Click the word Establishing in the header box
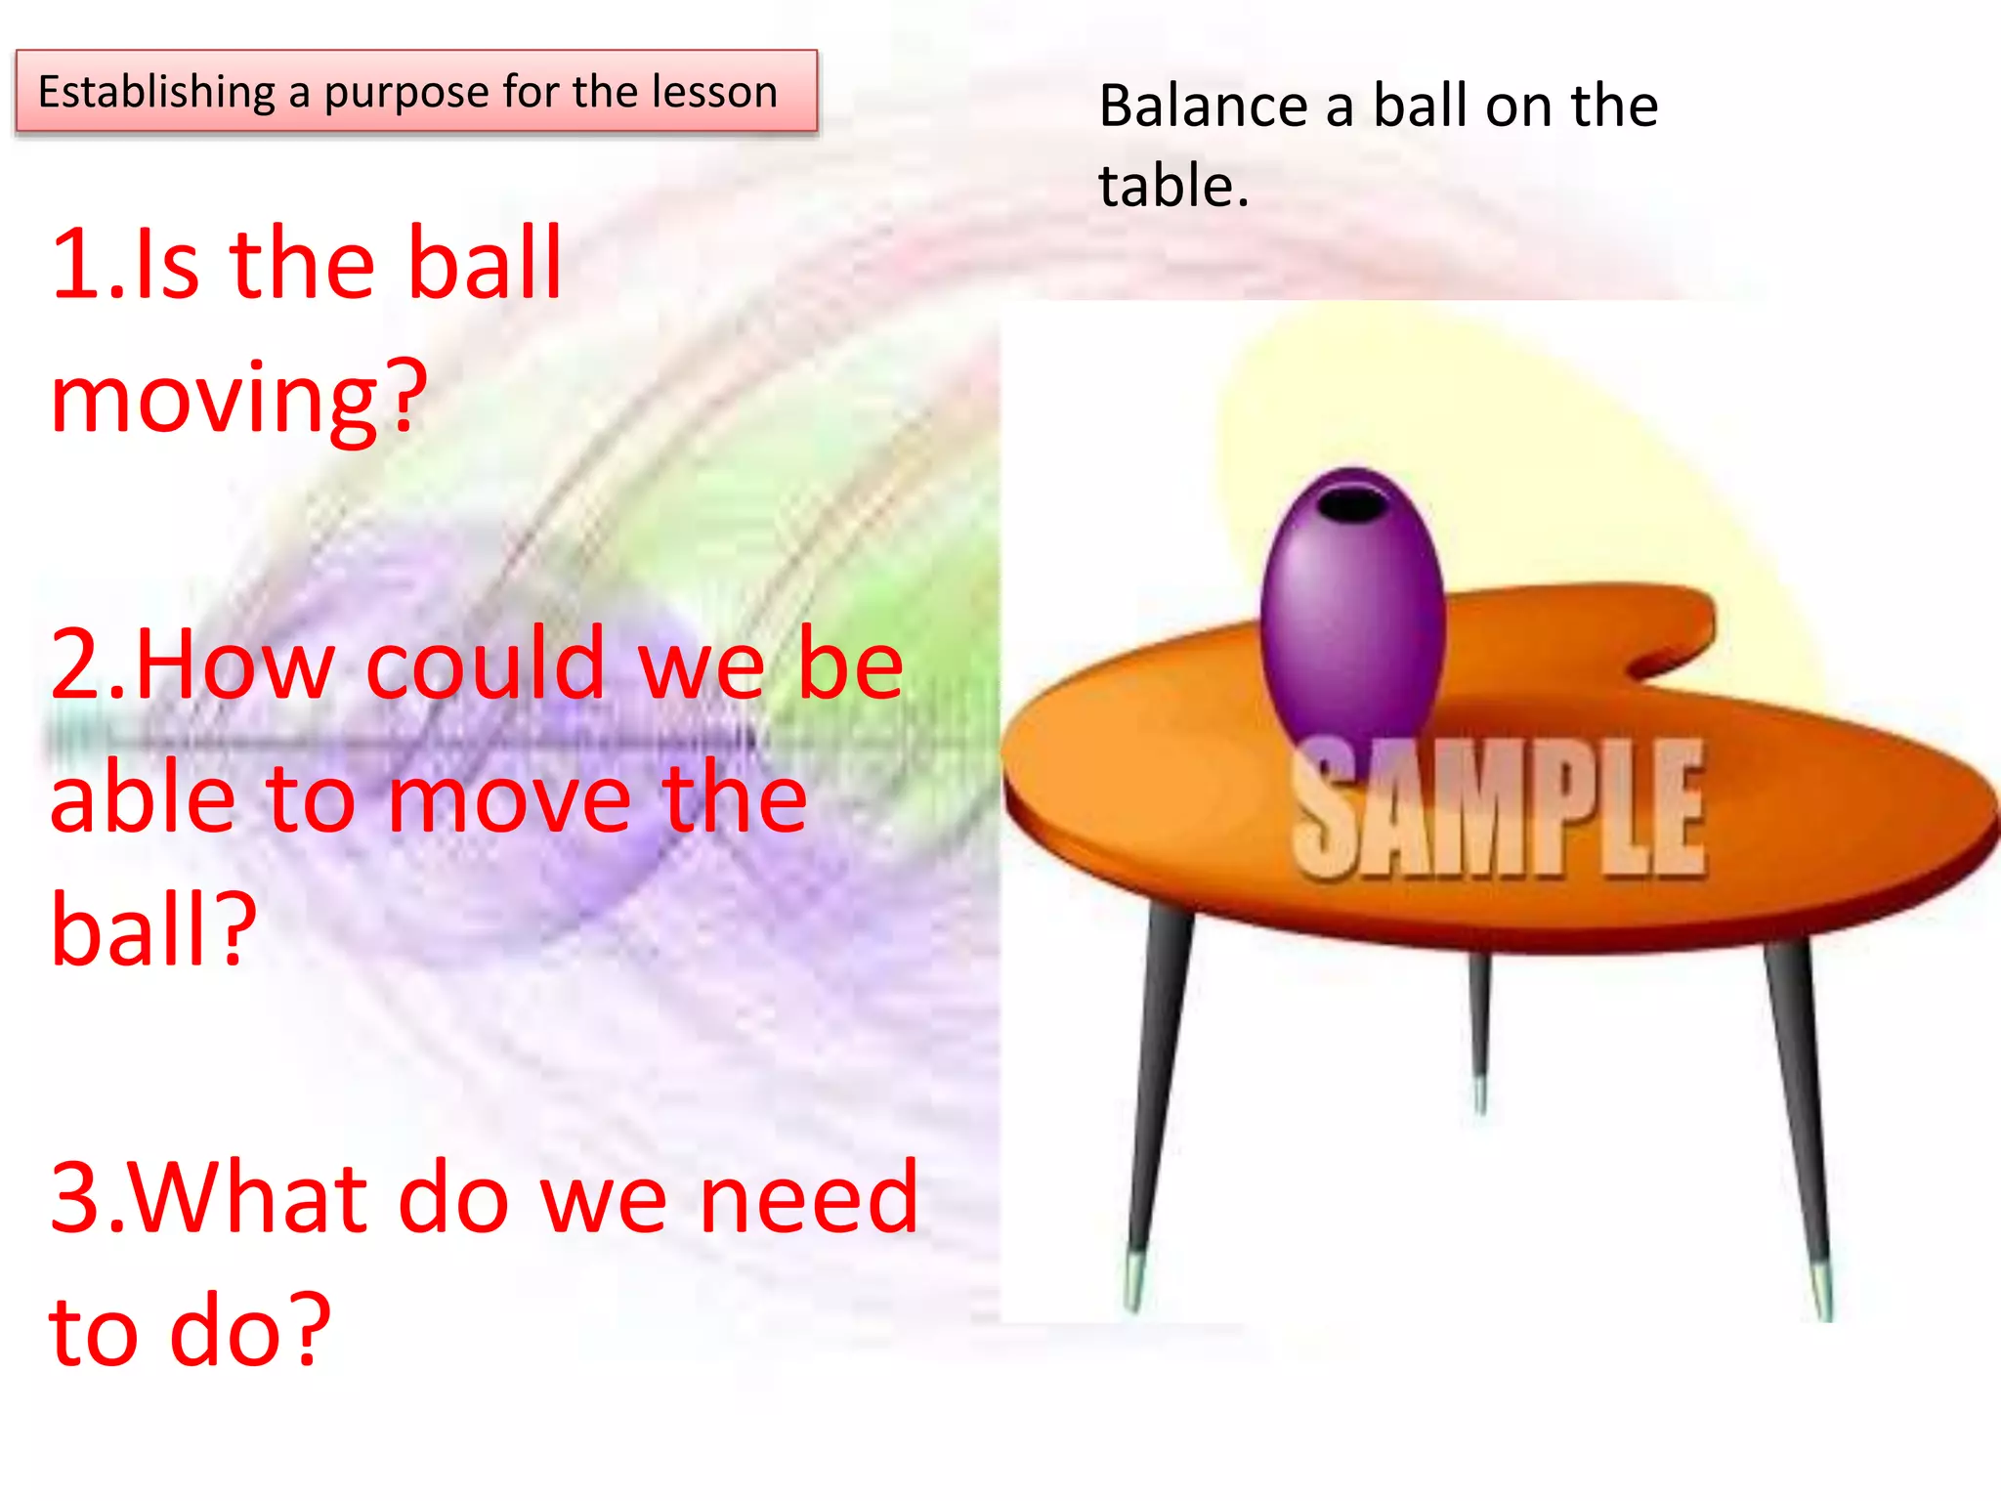(x=156, y=93)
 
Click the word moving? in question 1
(x=239, y=399)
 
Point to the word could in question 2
(x=486, y=665)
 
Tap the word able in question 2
(x=143, y=797)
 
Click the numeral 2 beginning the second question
(x=78, y=665)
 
